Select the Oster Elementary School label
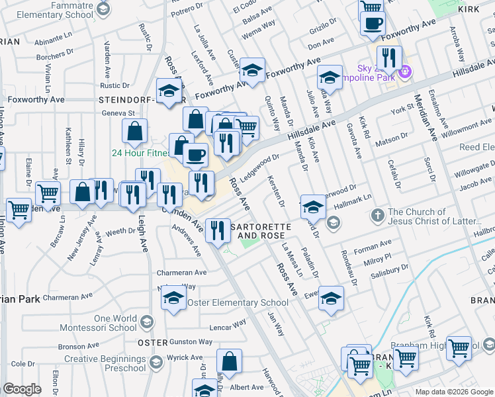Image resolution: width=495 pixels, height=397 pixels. coord(238,303)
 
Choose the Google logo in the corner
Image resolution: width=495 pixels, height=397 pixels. coord(22,389)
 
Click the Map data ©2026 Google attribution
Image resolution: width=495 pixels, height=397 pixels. coord(454,392)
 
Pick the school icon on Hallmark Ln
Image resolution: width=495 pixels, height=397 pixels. coord(312,207)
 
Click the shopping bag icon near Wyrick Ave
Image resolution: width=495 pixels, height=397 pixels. coord(229,361)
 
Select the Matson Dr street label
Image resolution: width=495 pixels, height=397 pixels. coord(391,138)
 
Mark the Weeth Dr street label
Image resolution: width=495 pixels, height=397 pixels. coord(120,232)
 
